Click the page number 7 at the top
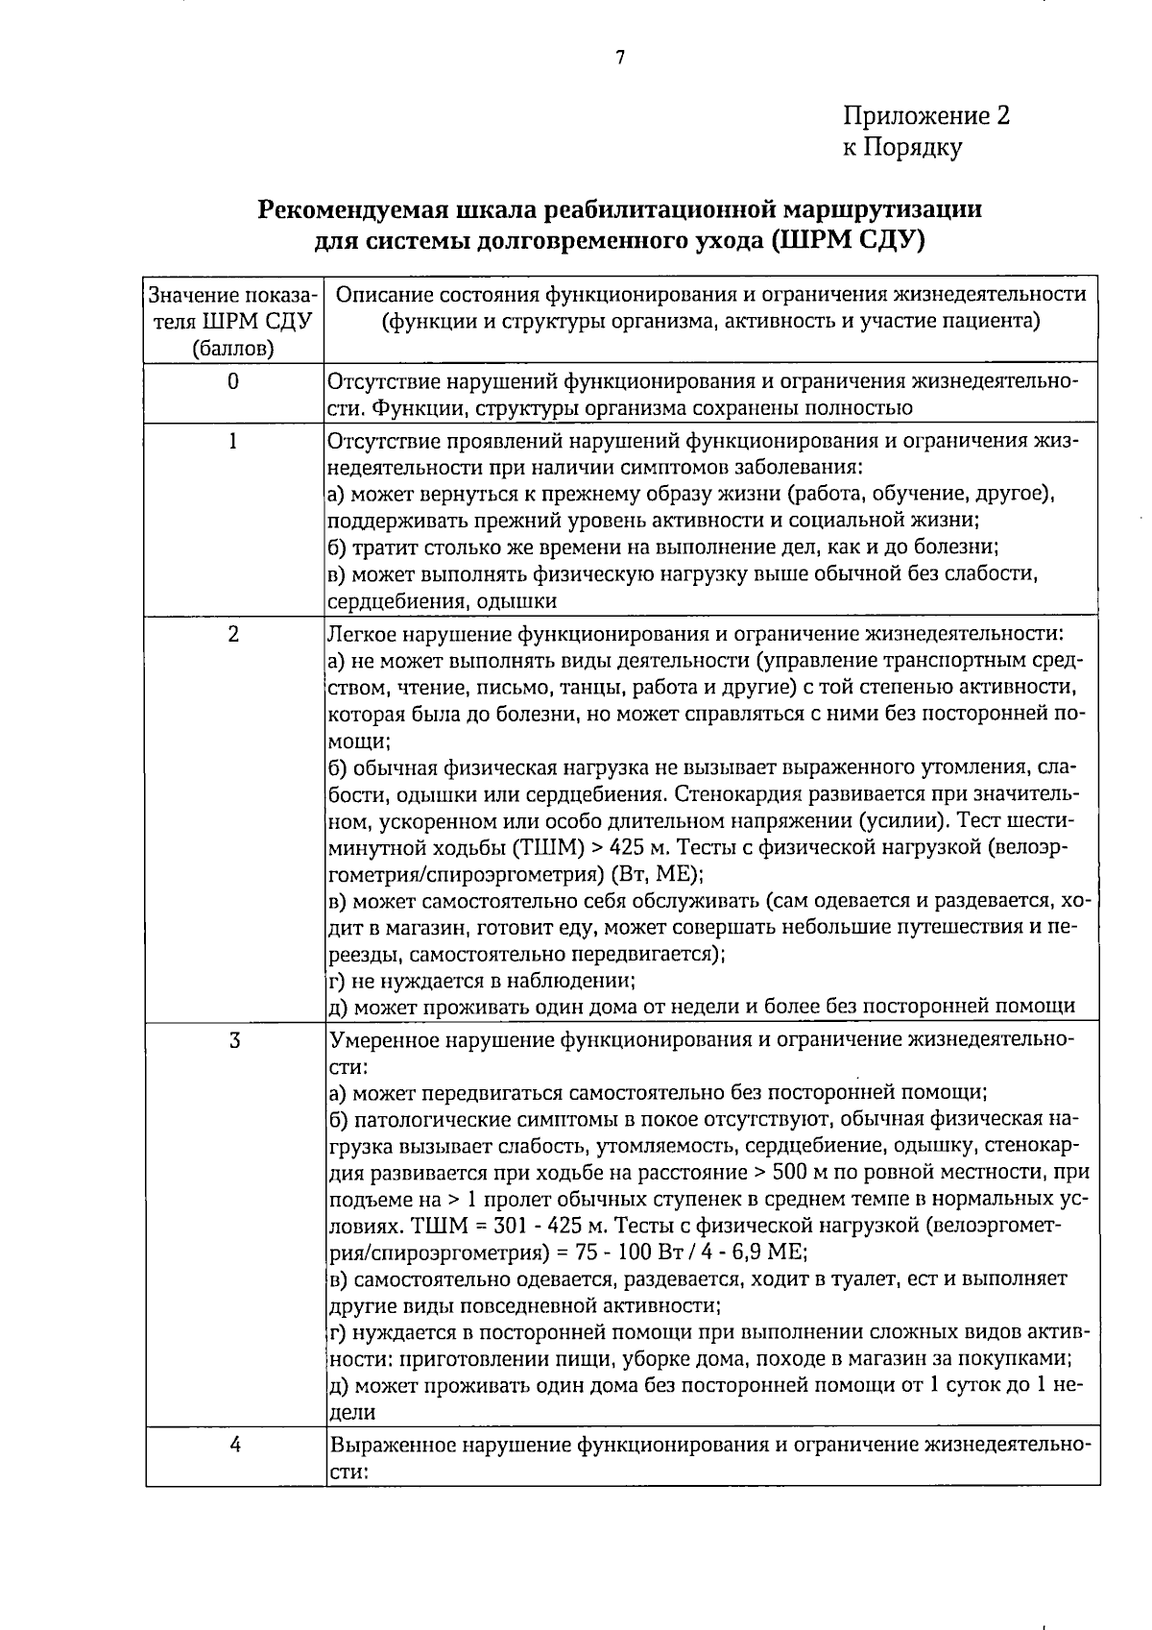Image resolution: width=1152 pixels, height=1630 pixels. click(619, 58)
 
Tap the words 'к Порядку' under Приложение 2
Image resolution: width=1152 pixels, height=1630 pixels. click(901, 147)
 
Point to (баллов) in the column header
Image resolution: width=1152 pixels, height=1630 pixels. click(233, 348)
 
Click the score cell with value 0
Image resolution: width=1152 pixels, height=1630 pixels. click(233, 381)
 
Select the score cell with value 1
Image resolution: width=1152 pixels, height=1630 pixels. click(233, 441)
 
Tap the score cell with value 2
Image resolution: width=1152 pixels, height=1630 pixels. click(233, 634)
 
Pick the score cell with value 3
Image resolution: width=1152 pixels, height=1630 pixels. click(233, 1040)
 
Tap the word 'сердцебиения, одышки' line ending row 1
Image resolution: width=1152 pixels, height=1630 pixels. click(443, 602)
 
